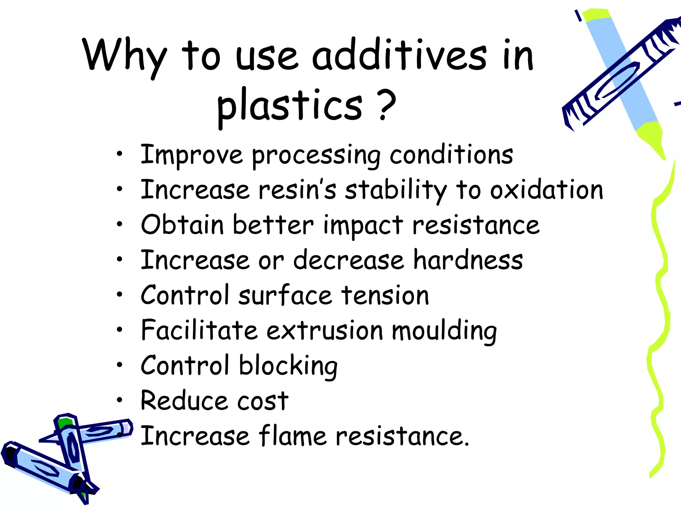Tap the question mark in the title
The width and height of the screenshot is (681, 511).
[386, 105]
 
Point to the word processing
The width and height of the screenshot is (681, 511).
[316, 156]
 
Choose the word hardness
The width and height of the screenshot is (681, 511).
[468, 260]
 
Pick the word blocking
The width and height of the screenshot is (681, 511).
[288, 366]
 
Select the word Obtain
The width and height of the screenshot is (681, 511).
[182, 225]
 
